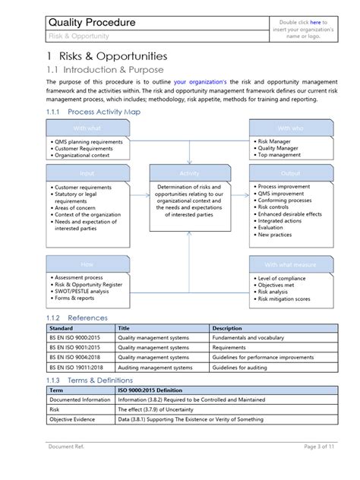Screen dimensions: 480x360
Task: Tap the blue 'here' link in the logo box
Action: click(314, 22)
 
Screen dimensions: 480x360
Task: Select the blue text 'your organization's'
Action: click(200, 81)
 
